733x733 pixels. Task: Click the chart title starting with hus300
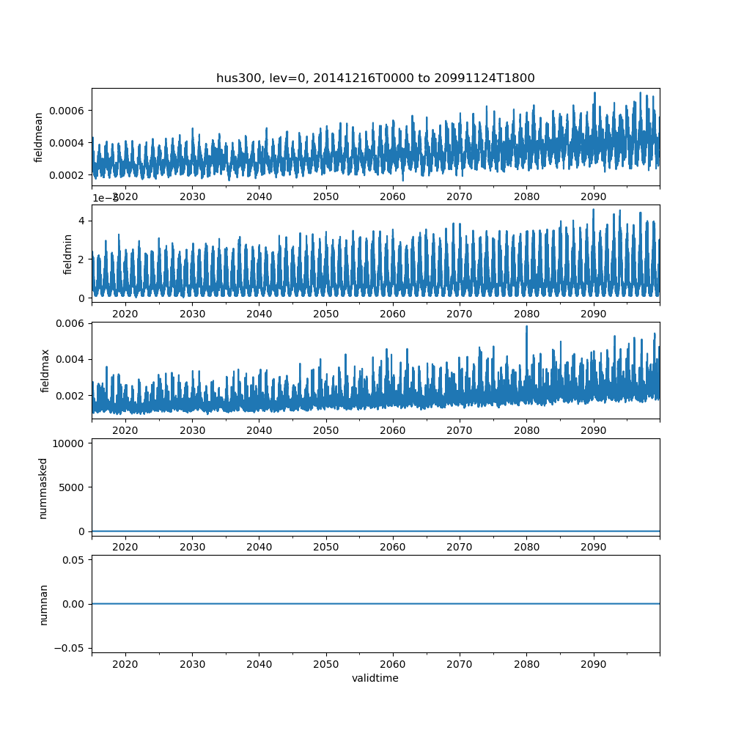pos(375,78)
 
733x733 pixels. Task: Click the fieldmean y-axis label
pos(39,137)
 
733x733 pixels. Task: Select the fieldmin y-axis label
pos(67,254)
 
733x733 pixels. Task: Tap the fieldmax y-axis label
pos(45,370)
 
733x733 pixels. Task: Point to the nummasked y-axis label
pos(43,487)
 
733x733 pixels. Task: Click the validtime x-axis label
pos(375,678)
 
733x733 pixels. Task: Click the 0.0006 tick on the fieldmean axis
pos(67,110)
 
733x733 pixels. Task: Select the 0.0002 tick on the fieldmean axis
pos(67,174)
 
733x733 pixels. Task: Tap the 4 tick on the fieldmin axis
pos(82,221)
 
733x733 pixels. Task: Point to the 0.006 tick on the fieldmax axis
pos(72,323)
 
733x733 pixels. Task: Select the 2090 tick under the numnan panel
pos(593,663)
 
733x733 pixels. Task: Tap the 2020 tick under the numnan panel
pos(125,663)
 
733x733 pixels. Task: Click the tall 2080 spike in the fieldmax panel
pos(526,327)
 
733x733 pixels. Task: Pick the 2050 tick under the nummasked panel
pos(325,547)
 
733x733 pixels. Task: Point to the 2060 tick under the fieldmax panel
pos(393,430)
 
